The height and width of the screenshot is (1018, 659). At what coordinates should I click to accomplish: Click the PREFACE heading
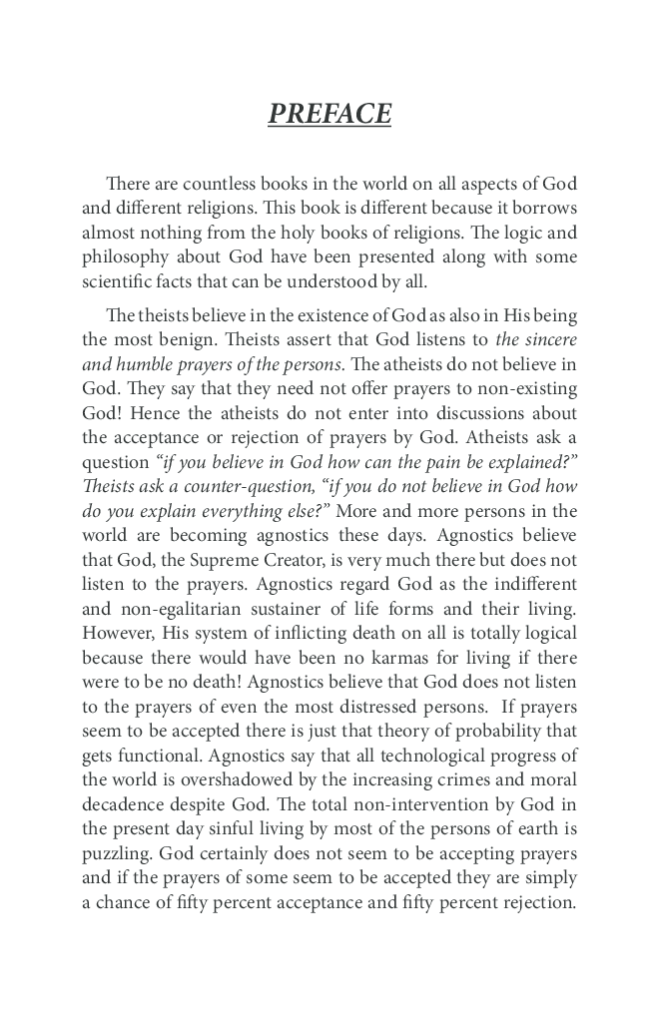(x=329, y=115)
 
